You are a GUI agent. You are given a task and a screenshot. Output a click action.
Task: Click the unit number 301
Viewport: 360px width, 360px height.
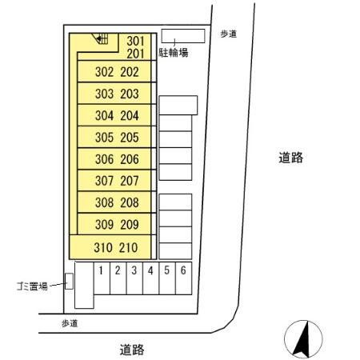[x=136, y=41]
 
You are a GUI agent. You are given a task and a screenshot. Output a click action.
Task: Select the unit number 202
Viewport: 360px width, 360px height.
[x=130, y=72]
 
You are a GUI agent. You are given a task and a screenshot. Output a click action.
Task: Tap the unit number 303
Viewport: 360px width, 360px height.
[x=105, y=94]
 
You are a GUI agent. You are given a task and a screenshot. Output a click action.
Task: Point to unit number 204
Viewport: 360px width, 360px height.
[x=130, y=115]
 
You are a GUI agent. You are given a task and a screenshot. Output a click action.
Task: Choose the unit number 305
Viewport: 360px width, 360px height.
[x=105, y=137]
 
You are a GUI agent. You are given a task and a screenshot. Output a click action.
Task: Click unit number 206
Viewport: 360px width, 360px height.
[x=130, y=159]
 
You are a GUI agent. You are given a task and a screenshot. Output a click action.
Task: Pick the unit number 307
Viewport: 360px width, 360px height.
[x=105, y=181]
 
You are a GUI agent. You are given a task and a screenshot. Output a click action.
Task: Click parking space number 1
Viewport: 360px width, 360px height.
[x=101, y=270]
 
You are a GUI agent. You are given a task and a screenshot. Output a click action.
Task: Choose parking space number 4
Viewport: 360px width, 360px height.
[x=150, y=270]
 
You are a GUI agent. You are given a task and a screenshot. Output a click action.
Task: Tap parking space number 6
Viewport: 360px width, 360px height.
[x=183, y=270]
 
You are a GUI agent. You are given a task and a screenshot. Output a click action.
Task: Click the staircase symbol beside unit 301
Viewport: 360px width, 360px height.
[x=100, y=37]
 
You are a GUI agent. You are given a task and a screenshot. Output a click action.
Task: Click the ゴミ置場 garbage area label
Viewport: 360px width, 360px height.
[x=30, y=284]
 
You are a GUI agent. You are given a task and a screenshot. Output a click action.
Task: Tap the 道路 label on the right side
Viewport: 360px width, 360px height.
[x=290, y=158]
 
